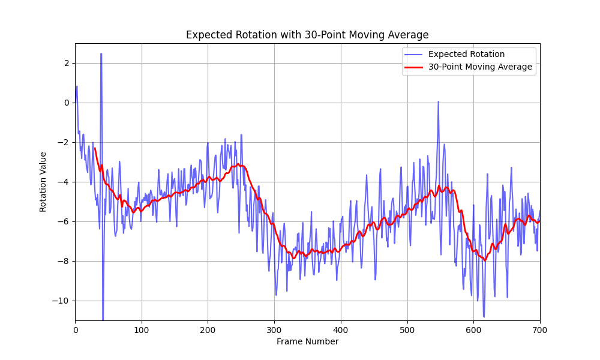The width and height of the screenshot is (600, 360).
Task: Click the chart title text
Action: pyautogui.click(x=307, y=35)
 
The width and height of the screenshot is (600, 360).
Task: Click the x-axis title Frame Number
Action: pyautogui.click(x=307, y=341)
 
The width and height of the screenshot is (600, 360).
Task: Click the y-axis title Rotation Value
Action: pyautogui.click(x=43, y=182)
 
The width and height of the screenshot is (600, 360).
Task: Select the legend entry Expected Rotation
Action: pyautogui.click(x=466, y=54)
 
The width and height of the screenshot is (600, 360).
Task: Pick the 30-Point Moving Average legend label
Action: pyautogui.click(x=480, y=67)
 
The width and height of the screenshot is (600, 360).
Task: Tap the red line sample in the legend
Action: pyautogui.click(x=414, y=67)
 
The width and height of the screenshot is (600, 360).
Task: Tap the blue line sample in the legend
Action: pyautogui.click(x=414, y=54)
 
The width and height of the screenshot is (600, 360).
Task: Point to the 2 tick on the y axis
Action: pyautogui.click(x=67, y=63)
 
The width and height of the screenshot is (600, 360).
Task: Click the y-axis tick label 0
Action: pyautogui.click(x=67, y=103)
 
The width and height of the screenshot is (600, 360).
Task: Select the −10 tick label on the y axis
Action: pyautogui.click(x=63, y=301)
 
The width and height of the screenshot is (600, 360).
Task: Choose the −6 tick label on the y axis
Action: pyautogui.click(x=65, y=221)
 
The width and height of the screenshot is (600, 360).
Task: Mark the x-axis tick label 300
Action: pyautogui.click(x=274, y=329)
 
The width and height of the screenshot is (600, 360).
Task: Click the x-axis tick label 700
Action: pyautogui.click(x=539, y=329)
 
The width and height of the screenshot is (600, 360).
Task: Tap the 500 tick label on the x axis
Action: pyautogui.click(x=407, y=329)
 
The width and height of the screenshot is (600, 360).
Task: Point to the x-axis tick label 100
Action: pyautogui.click(x=142, y=329)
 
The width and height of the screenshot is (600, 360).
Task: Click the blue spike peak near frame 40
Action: pyautogui.click(x=101, y=53)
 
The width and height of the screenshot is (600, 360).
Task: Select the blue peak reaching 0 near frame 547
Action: pyautogui.click(x=438, y=101)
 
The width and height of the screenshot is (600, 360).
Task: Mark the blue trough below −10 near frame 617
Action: pyautogui.click(x=484, y=316)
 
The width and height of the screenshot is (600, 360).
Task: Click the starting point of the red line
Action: pyautogui.click(x=95, y=148)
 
